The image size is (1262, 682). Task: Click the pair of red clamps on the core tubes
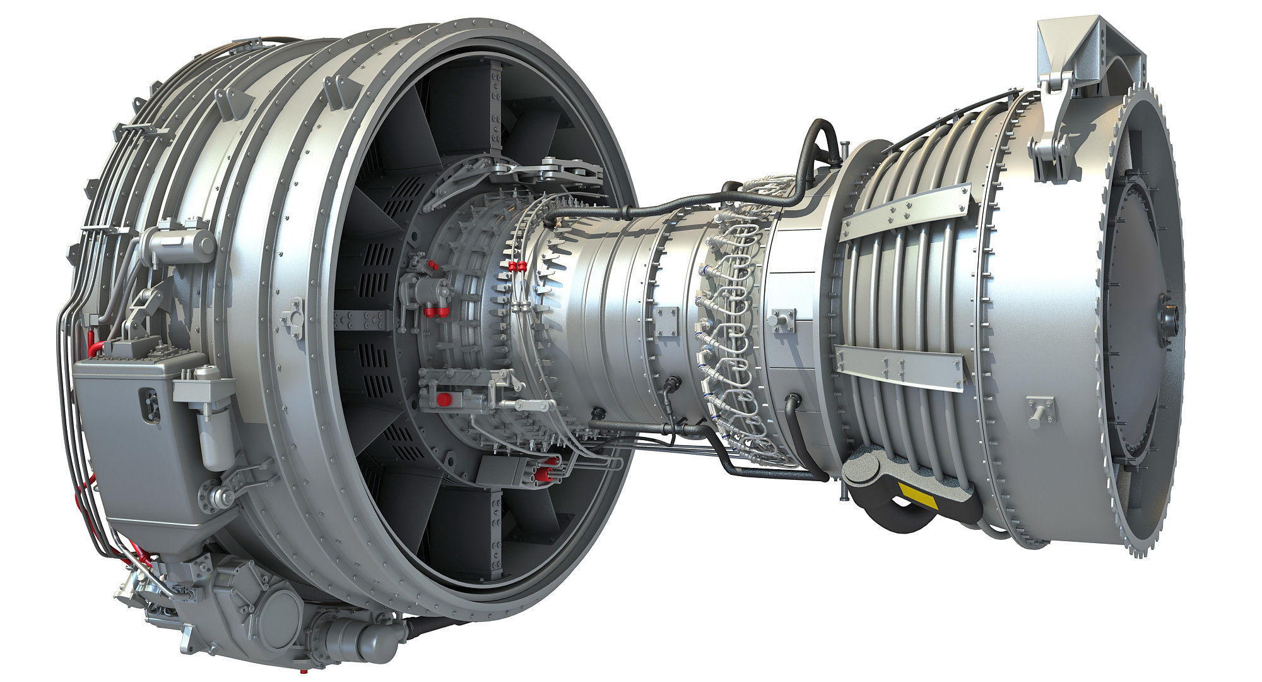coord(518,267)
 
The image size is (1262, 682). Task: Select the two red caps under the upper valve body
coord(430,309)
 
